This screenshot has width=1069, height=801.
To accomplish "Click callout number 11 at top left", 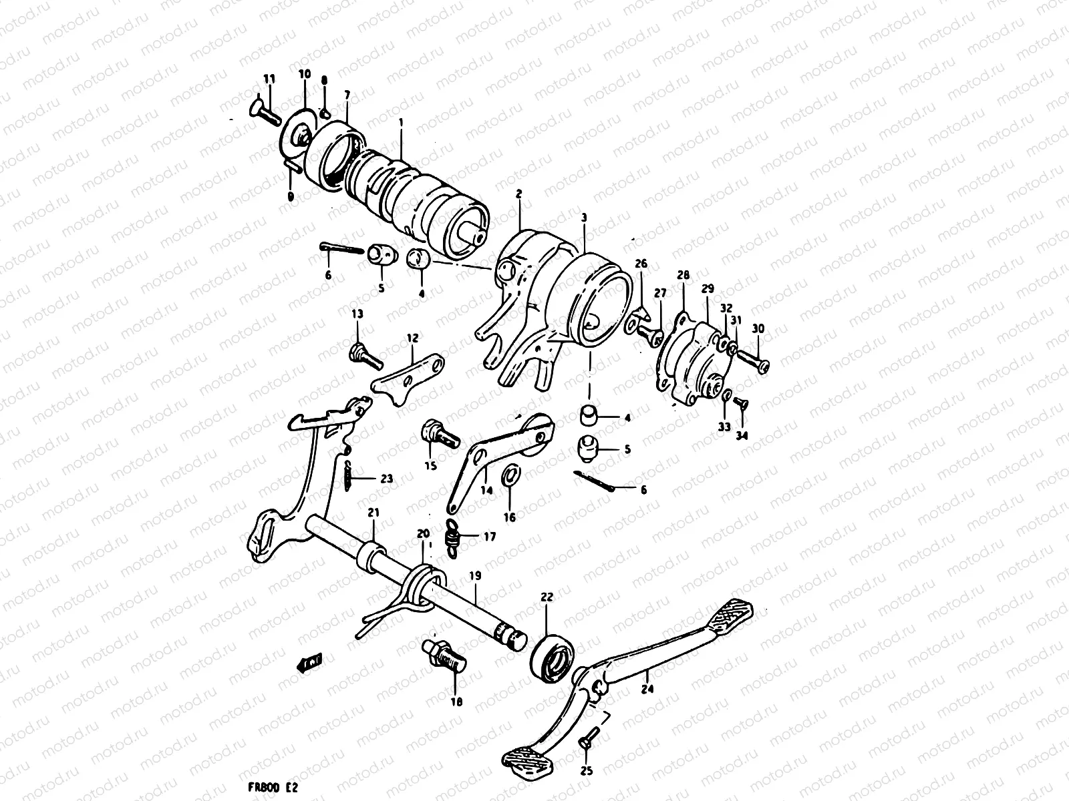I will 269,79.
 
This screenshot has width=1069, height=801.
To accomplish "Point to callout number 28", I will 683,275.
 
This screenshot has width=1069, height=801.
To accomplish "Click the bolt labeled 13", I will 365,355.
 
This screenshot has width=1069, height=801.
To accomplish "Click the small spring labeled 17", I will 455,536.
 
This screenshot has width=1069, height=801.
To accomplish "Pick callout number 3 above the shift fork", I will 584,218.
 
